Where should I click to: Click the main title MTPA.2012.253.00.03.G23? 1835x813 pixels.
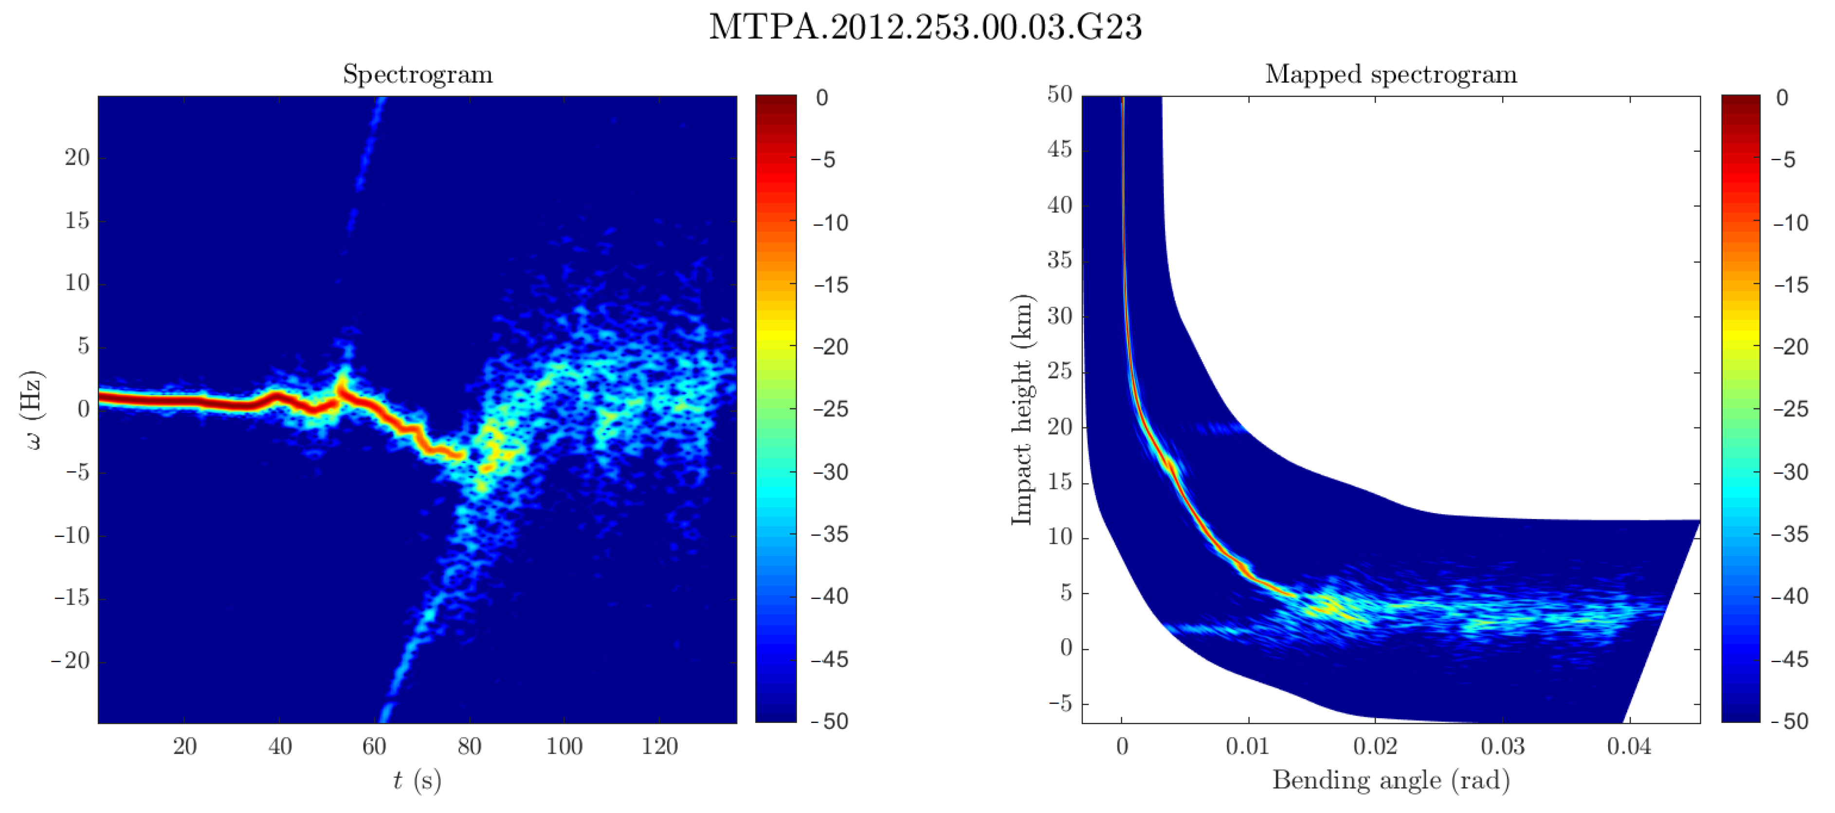coord(925,27)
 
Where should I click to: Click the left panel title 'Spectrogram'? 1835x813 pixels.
coord(418,74)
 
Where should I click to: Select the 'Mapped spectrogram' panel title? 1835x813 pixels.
coord(1391,74)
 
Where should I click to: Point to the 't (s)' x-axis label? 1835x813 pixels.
coord(418,780)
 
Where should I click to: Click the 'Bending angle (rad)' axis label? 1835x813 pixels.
coord(1391,780)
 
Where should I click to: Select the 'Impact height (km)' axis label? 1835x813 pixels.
coord(1021,410)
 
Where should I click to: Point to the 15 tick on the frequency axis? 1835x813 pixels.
coord(77,221)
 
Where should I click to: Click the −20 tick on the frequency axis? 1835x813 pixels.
coord(71,661)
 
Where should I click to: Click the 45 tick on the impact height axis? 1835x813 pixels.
coord(1059,149)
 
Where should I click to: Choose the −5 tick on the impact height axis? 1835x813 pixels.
coord(1059,703)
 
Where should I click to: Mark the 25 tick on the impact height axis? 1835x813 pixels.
coord(1059,371)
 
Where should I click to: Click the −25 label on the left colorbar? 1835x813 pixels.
coord(830,409)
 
